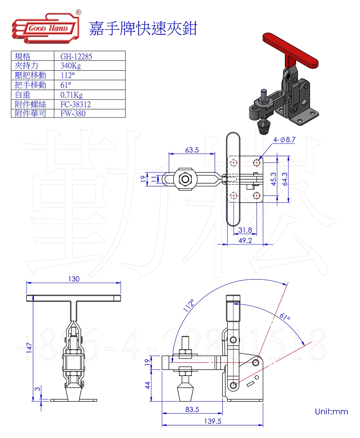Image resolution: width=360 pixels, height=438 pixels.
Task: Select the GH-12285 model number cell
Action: (76, 56)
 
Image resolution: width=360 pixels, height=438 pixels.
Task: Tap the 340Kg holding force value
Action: (71, 66)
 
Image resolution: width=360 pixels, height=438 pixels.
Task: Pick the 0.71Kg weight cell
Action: (72, 95)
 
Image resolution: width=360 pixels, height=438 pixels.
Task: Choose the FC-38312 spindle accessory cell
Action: (76, 104)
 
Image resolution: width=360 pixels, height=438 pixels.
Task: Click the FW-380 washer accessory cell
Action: (73, 113)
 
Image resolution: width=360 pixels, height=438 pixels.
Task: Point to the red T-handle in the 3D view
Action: (290, 52)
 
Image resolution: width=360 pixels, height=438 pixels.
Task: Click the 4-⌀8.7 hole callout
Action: (284, 140)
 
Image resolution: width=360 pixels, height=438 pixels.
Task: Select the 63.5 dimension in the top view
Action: (192, 150)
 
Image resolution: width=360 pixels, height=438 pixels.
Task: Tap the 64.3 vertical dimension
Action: (285, 179)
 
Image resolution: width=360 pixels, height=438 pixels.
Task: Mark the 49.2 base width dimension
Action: (245, 240)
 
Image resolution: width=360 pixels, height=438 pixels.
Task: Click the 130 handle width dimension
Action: (74, 279)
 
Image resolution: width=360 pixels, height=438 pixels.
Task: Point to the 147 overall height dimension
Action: (29, 348)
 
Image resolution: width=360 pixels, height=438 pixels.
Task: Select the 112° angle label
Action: (189, 305)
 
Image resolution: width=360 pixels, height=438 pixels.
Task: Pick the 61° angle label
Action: (284, 317)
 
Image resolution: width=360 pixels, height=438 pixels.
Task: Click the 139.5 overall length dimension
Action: (212, 421)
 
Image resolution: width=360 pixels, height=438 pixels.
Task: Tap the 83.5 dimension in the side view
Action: (192, 409)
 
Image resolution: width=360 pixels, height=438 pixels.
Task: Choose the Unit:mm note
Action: (331, 411)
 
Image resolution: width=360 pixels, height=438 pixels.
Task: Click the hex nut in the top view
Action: (184, 179)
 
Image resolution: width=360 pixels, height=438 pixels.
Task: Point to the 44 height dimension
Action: (148, 385)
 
